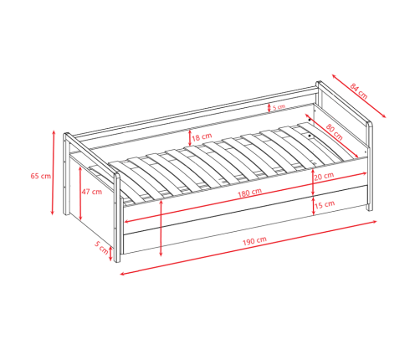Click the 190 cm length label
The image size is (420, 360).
(254, 240)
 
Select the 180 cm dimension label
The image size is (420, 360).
(249, 193)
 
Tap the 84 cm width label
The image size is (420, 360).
(359, 91)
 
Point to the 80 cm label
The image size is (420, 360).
(334, 131)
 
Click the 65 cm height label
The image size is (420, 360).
(41, 176)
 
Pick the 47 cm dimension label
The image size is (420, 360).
(92, 192)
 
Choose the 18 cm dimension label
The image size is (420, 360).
(202, 136)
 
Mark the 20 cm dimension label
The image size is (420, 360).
(324, 176)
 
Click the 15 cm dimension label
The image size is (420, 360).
(325, 204)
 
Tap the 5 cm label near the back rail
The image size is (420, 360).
(279, 107)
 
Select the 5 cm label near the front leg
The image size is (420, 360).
(101, 247)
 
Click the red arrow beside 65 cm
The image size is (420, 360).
(53, 172)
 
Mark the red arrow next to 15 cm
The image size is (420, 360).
(313, 206)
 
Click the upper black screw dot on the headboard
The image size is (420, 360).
(310, 120)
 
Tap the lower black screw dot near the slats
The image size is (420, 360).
(310, 136)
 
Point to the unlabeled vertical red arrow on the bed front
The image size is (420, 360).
(161, 228)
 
